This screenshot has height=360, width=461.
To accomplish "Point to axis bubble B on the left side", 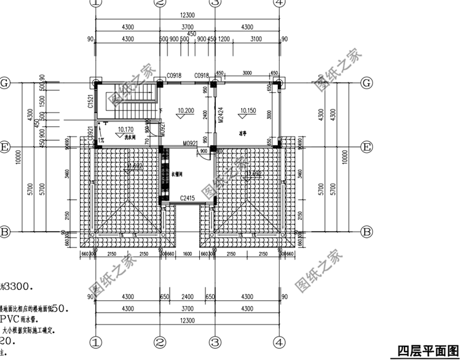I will tap(4, 232).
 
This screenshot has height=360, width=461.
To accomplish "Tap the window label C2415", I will tap(187, 198).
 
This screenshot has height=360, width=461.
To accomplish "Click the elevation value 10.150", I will tap(248, 111).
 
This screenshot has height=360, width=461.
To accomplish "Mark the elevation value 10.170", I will tap(125, 129).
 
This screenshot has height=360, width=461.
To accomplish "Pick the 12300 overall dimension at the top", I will tap(187, 15).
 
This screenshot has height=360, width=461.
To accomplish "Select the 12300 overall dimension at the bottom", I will tap(187, 321).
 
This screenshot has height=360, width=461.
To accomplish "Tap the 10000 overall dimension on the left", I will tap(20, 158).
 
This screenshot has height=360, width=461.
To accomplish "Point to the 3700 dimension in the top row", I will tap(187, 27).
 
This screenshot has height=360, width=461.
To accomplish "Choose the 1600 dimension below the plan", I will tap(187, 254).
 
